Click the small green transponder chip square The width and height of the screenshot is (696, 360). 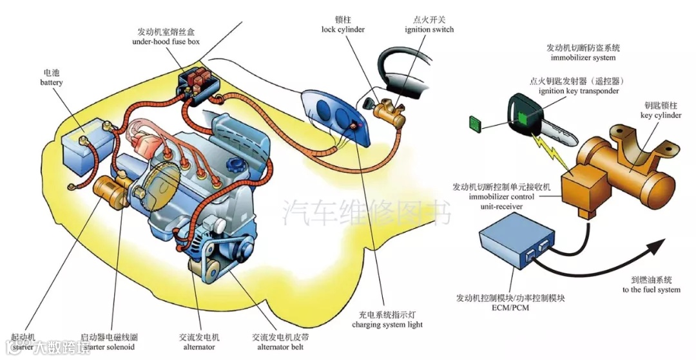(476, 123)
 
